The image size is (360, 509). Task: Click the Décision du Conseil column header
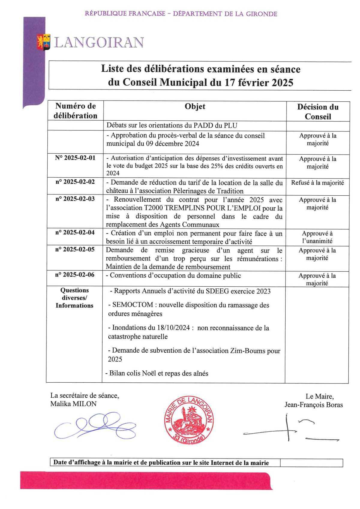coord(318,111)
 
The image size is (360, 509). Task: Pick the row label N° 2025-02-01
coord(75,158)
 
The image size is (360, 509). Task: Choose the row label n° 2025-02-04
coord(75,233)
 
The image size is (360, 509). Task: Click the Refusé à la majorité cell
coord(317,182)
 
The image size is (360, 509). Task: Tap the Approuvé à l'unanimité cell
coord(317,237)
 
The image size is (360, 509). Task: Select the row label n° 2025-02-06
coord(75,275)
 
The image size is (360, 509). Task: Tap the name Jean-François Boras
coord(313,405)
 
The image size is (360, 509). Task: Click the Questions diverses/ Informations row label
coord(74,298)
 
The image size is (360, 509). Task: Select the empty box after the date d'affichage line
coord(311,463)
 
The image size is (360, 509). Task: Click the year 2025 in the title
coord(282,82)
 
